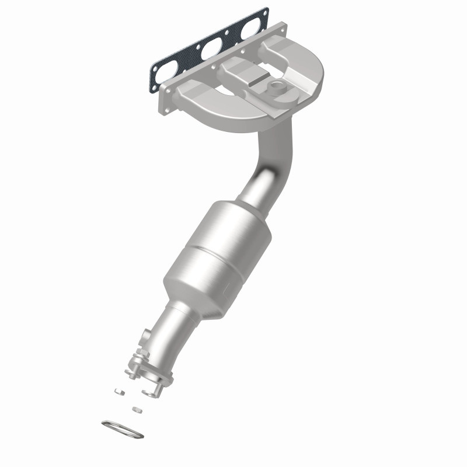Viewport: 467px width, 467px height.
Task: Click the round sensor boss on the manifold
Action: coord(275,89)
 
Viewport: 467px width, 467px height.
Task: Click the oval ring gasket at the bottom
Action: coord(122,429)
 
